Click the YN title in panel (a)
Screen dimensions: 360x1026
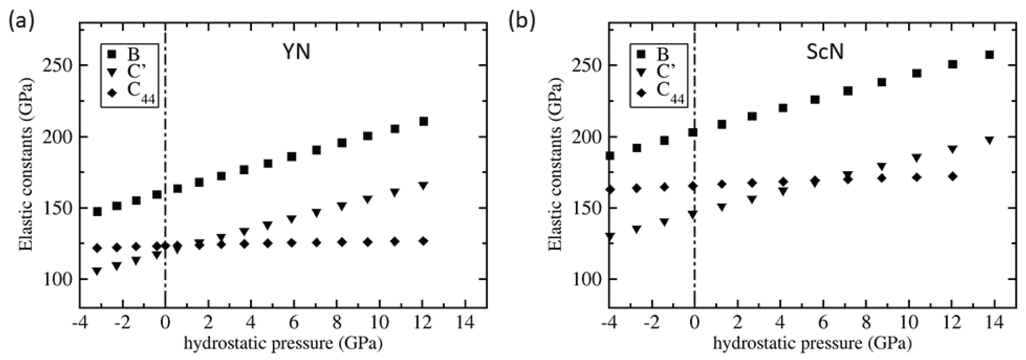point(296,52)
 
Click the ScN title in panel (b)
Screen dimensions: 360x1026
point(825,52)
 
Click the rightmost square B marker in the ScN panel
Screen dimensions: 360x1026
point(986,55)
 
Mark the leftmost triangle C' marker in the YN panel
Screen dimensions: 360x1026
point(97,271)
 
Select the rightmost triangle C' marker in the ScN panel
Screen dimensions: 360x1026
point(986,140)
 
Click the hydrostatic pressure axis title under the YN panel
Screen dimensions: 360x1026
point(283,343)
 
